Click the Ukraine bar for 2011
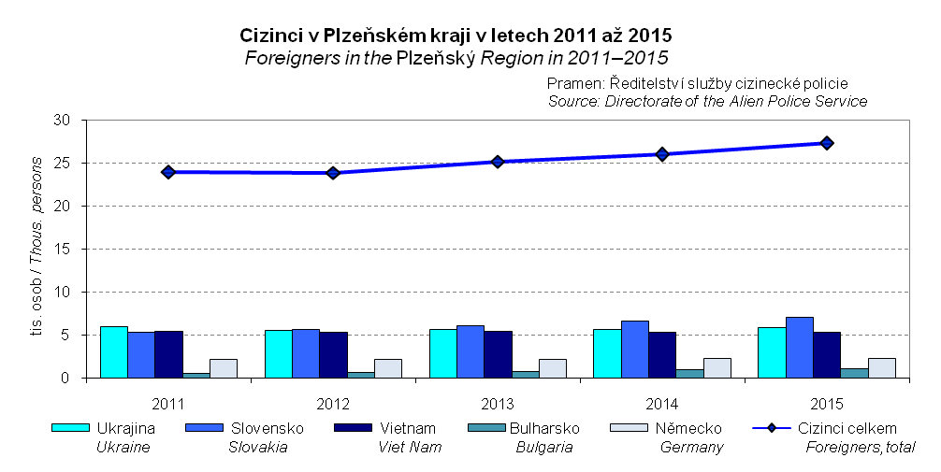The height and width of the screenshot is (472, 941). coord(114,352)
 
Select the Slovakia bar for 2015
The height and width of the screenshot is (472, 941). coord(800,348)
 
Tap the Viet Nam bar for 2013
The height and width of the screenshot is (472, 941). coord(498,354)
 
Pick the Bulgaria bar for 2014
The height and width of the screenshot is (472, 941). coord(689,374)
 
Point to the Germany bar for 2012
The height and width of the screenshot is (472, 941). coord(388,368)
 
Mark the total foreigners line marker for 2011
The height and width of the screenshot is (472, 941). coord(168,172)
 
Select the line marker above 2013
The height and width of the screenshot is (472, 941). coord(498,162)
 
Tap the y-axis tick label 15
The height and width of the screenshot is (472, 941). coord(63,250)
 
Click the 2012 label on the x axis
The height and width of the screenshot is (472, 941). coord(333,404)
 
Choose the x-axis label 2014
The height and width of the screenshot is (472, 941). coord(662,404)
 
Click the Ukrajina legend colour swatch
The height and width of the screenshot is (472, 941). coord(69,428)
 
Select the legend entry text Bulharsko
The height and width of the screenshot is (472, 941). coord(545,428)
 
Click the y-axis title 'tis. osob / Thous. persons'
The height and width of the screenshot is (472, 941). coord(38,249)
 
